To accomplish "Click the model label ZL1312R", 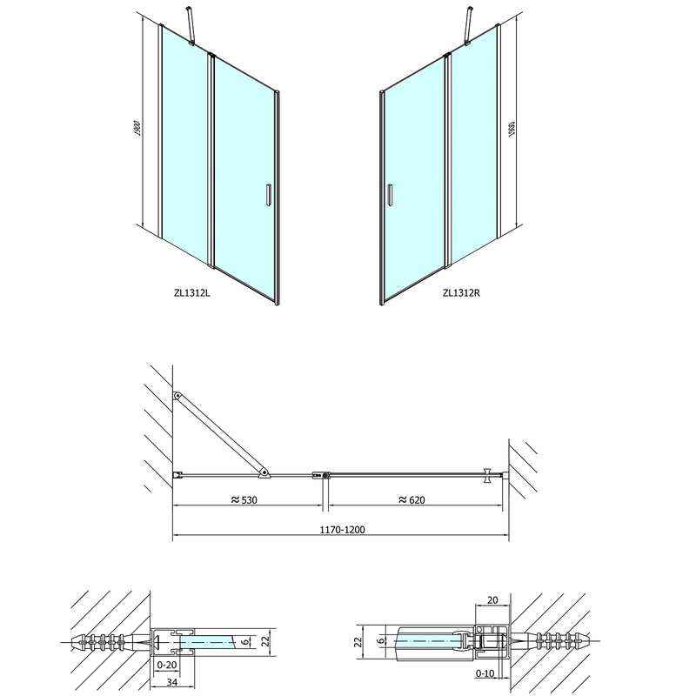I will coord(460,292).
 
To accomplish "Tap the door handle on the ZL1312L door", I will coord(269,194).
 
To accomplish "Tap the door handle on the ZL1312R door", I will coord(391,196).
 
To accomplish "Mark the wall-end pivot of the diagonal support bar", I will coord(177,396).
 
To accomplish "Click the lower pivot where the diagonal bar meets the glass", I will coord(262,474).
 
